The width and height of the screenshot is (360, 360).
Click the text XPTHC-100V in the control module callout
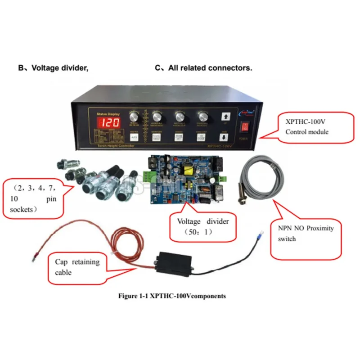305,121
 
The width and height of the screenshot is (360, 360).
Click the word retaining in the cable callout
85,262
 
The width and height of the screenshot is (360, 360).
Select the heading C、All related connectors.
203,68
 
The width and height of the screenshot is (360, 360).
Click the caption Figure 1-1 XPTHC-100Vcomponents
171,296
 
